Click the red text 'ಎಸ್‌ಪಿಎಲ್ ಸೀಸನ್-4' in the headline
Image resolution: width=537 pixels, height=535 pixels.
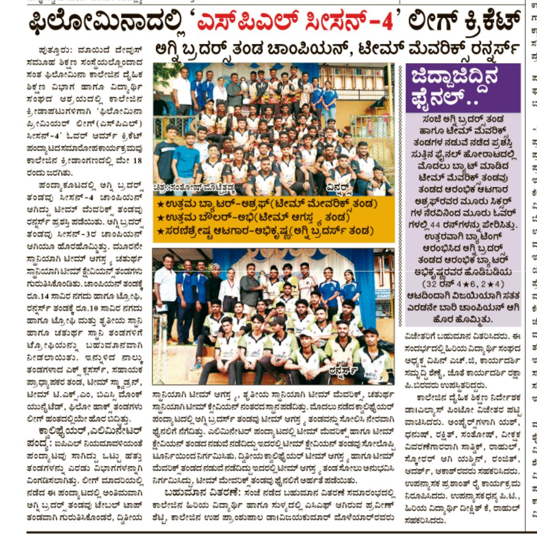pos(295,21)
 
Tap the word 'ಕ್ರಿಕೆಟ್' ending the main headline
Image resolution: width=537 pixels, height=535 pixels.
pos(487,21)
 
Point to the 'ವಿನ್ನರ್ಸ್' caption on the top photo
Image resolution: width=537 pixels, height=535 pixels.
pos(340,187)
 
